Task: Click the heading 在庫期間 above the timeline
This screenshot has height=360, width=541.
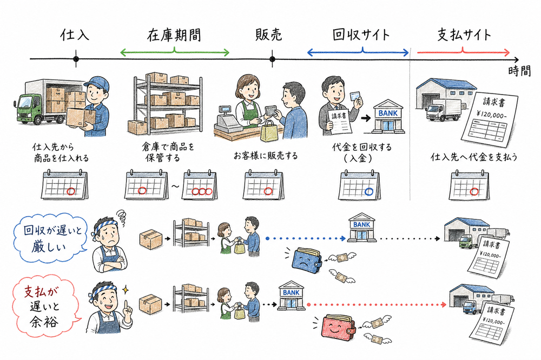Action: click(x=174, y=35)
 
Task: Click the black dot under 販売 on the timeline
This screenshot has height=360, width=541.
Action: click(x=272, y=58)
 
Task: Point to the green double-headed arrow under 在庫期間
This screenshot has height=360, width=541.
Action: click(x=174, y=52)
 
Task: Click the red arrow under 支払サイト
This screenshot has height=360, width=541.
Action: click(x=464, y=52)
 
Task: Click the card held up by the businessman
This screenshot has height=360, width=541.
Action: click(x=355, y=96)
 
